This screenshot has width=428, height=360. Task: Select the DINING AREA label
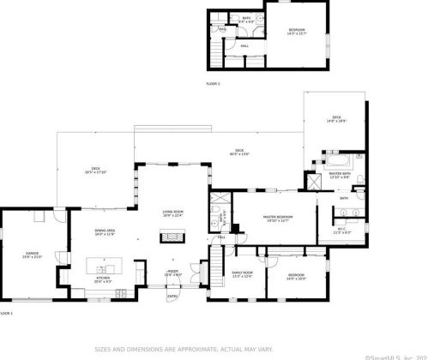(105, 231)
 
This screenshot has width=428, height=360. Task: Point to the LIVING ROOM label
(173, 213)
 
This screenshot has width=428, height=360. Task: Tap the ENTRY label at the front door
(172, 297)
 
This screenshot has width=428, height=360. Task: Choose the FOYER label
(172, 273)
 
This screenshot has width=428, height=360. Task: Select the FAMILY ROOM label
(242, 273)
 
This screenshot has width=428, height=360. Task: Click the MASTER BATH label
(341, 174)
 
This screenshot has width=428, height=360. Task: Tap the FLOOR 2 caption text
(213, 83)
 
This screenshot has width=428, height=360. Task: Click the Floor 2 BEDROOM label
(297, 30)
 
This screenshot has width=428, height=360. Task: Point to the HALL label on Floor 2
(244, 45)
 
